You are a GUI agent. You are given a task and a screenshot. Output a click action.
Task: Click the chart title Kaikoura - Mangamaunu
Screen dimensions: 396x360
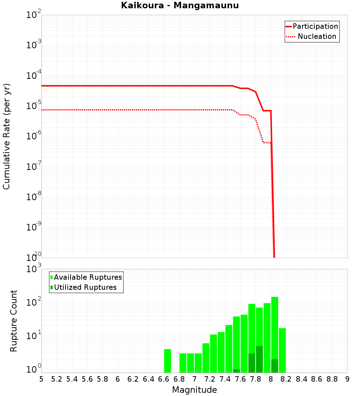point(180,5)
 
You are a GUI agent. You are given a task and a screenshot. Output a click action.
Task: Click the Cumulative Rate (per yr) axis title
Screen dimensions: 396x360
point(6,136)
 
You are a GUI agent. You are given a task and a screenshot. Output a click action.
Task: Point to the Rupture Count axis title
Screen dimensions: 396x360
point(14,321)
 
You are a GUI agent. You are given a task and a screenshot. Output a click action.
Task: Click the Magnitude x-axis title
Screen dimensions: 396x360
point(194,390)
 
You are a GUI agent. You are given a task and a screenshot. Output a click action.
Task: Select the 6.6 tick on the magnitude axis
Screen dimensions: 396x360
point(164,379)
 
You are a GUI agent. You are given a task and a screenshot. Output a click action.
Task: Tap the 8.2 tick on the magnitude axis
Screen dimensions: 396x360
point(286,379)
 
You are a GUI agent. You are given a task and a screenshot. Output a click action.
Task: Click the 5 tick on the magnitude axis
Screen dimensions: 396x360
point(41,379)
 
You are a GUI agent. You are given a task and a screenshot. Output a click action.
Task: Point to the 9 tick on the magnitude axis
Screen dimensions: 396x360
point(347,379)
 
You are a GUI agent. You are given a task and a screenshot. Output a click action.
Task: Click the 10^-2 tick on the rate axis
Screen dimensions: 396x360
point(34,15)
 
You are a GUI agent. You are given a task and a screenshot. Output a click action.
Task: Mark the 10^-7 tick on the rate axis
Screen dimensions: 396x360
point(34,167)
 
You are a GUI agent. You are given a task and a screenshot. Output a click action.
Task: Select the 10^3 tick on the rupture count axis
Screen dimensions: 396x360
point(34,269)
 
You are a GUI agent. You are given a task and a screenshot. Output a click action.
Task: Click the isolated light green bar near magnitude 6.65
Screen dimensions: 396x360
point(167,361)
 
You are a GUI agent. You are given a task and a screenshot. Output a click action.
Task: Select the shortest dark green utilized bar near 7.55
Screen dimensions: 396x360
point(237,371)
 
